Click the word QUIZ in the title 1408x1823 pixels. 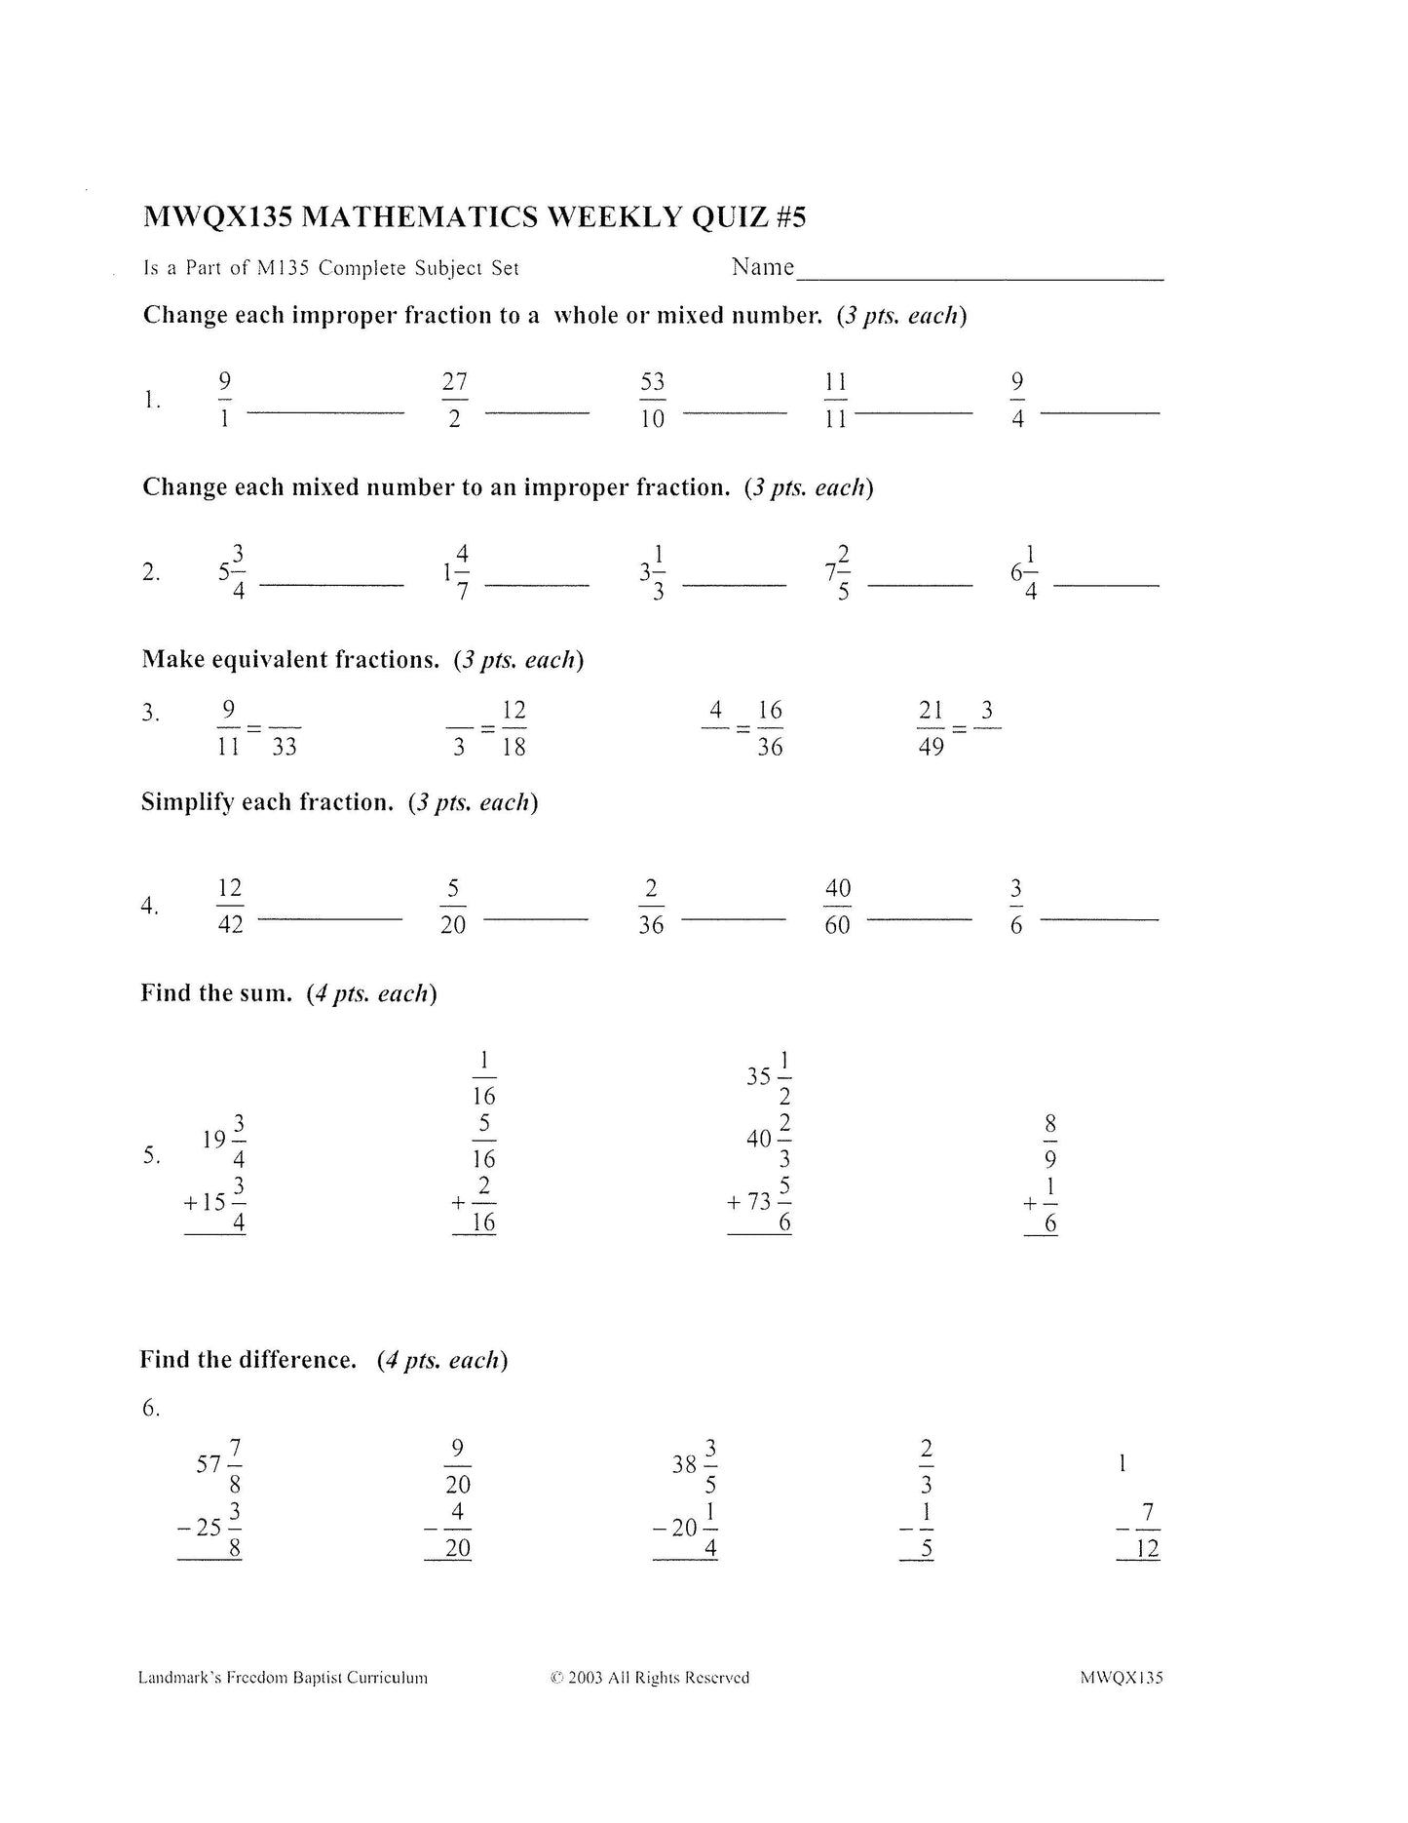tap(731, 216)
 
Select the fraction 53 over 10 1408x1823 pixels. tap(652, 400)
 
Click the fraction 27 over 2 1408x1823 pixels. tap(454, 400)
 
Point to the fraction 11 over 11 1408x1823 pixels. tap(835, 400)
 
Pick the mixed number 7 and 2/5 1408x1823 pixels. tap(837, 572)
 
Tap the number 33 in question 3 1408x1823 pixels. tap(285, 748)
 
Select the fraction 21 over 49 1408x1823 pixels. tap(932, 728)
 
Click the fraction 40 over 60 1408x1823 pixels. tap(837, 907)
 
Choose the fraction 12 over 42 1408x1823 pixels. tap(230, 907)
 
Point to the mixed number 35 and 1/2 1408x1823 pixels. tap(770, 1077)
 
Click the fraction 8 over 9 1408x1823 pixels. tap(1049, 1141)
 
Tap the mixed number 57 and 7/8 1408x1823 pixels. tap(219, 1465)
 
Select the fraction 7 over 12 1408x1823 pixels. tap(1148, 1531)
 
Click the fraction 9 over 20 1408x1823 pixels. tap(457, 1465)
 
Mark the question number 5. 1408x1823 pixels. tap(151, 1155)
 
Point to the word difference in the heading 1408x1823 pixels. tap(295, 1359)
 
